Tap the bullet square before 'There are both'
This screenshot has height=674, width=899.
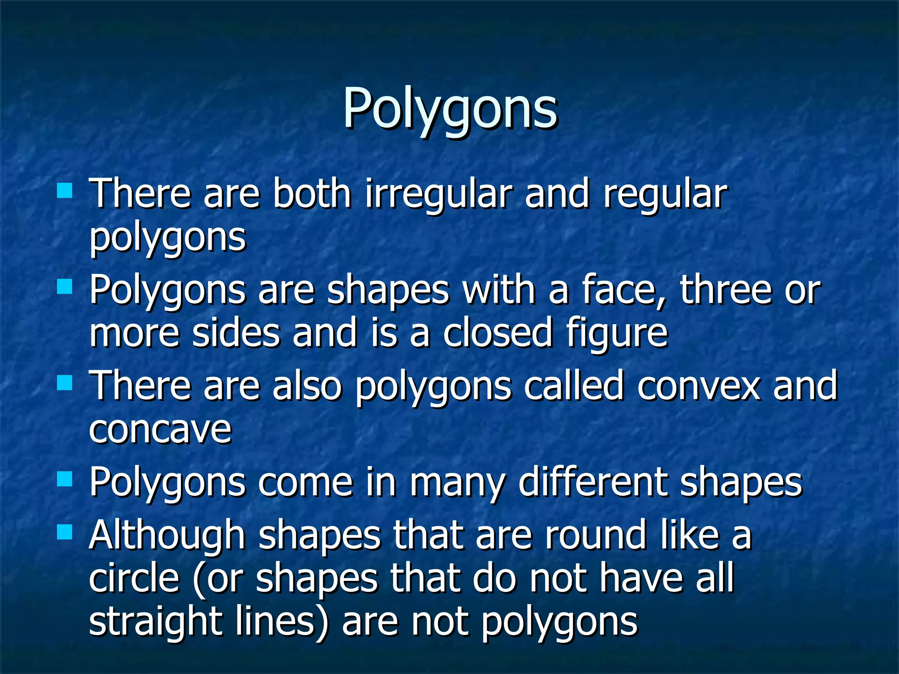tap(65, 191)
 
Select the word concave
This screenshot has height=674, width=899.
tap(160, 430)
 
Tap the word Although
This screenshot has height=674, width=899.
tap(167, 536)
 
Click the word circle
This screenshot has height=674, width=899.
tap(134, 578)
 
